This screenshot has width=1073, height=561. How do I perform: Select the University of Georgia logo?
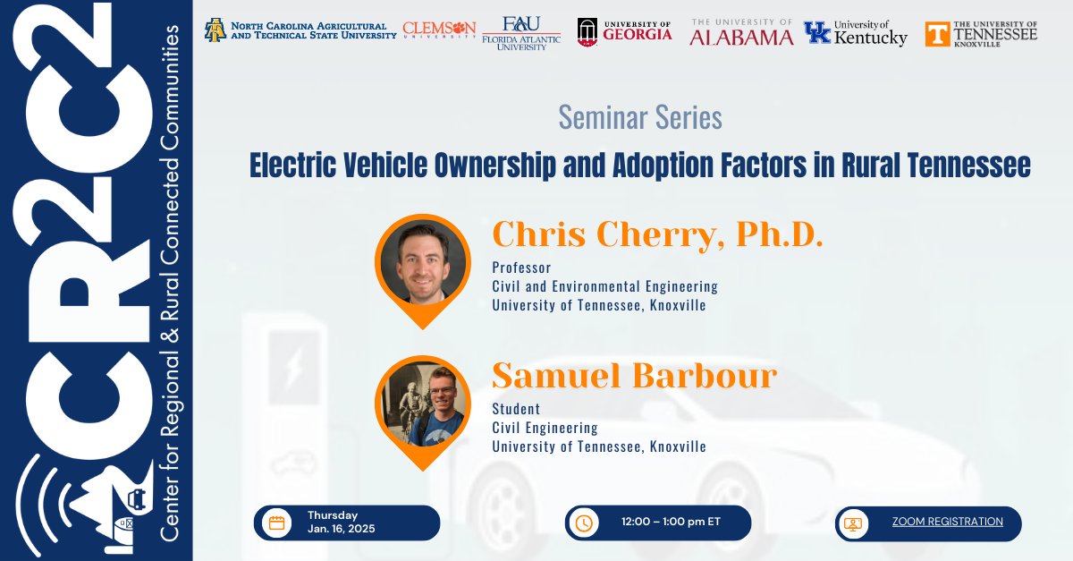[624, 31]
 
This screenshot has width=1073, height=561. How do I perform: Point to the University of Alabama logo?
[741, 31]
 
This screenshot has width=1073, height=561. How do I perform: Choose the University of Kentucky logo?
[855, 33]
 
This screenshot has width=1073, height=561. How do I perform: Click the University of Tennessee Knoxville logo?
[981, 33]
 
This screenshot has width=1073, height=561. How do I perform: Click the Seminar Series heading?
[639, 117]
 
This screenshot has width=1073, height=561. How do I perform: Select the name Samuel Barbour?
[634, 376]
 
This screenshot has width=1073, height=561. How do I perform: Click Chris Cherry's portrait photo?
[422, 262]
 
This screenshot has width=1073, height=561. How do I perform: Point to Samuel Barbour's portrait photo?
[422, 404]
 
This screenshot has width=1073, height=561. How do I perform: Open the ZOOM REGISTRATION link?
[947, 522]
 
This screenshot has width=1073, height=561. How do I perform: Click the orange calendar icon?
[276, 523]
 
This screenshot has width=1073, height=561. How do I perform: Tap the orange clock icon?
[584, 523]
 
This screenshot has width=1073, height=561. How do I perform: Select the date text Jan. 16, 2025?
[341, 529]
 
